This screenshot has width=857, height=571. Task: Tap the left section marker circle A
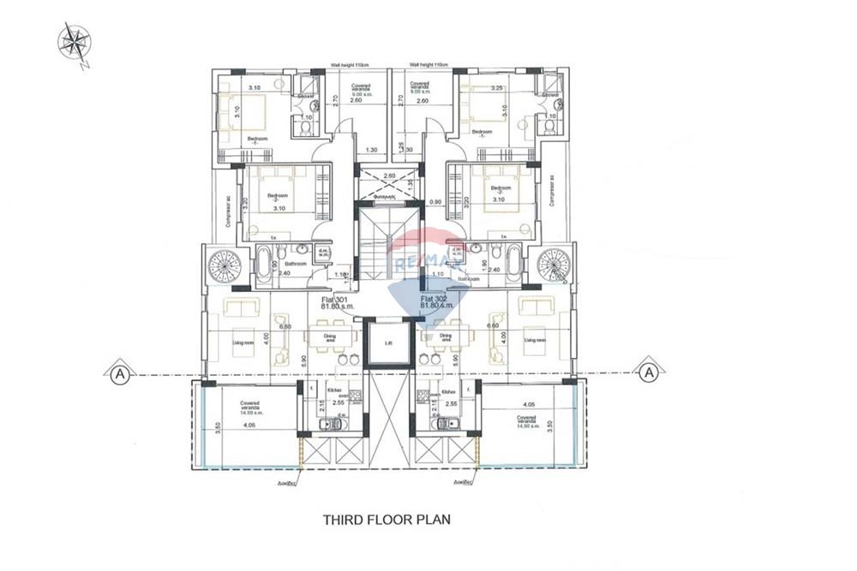pyautogui.click(x=116, y=372)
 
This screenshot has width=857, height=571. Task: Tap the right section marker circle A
pyautogui.click(x=650, y=372)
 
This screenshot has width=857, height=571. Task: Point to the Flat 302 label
pyautogui.click(x=434, y=300)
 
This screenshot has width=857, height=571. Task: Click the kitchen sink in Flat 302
pyautogui.click(x=443, y=424)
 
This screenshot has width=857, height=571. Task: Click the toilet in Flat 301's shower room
pyautogui.click(x=306, y=126)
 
